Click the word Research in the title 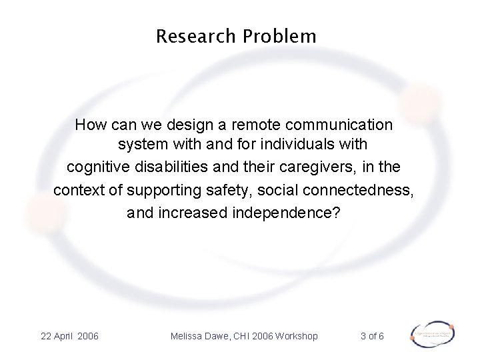(x=194, y=36)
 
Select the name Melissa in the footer (x=191, y=335)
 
